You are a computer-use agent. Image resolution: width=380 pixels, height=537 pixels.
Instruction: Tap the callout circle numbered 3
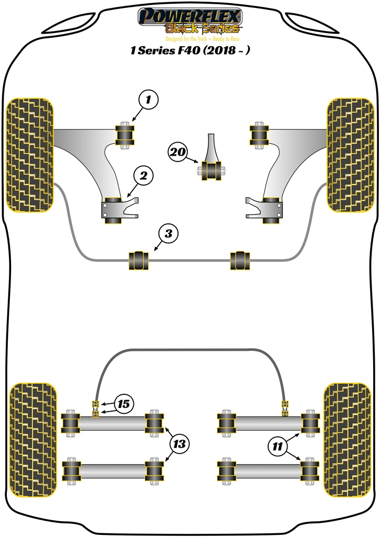(x=168, y=234)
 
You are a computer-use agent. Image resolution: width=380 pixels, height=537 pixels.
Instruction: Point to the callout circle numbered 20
(x=178, y=153)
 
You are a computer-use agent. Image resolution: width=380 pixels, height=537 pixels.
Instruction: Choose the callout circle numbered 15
(x=123, y=404)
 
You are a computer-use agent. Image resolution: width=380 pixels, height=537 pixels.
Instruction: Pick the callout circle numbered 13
(x=179, y=444)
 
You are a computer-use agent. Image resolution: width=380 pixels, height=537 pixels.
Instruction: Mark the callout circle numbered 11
(x=277, y=446)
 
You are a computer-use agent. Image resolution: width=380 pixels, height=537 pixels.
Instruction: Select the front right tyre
(x=350, y=155)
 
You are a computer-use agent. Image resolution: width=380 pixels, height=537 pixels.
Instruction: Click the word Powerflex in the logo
(x=189, y=15)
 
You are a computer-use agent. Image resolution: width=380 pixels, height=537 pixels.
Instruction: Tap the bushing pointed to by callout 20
(x=212, y=170)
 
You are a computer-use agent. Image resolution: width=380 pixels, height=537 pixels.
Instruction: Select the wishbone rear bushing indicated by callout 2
(x=114, y=210)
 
